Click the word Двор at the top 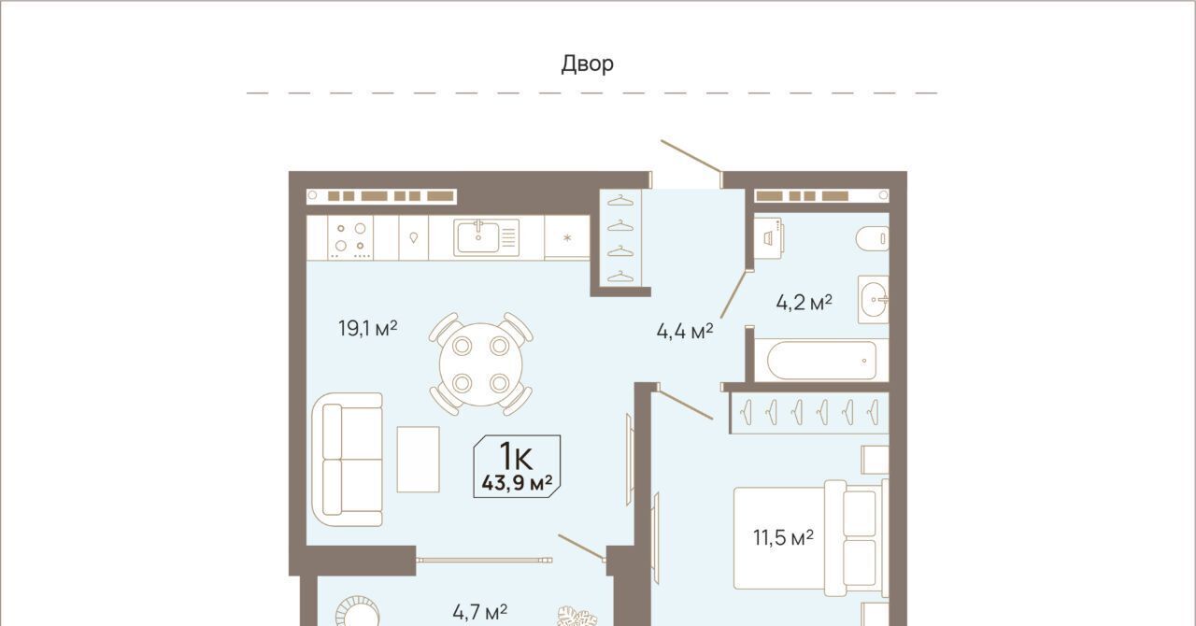588,64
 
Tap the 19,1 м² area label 368,328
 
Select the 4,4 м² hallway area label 685,331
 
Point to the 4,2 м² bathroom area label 804,303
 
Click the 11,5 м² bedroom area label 783,537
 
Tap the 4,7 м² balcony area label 480,612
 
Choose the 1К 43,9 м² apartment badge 517,466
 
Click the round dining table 480,364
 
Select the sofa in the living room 347,460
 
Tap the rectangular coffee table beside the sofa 418,460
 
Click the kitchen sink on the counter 487,237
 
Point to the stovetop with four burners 350,237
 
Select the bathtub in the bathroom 821,361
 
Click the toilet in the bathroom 873,238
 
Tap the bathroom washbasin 874,300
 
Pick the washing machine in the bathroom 769,237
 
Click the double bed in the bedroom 811,538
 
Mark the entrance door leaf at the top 691,157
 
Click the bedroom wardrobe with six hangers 809,413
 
